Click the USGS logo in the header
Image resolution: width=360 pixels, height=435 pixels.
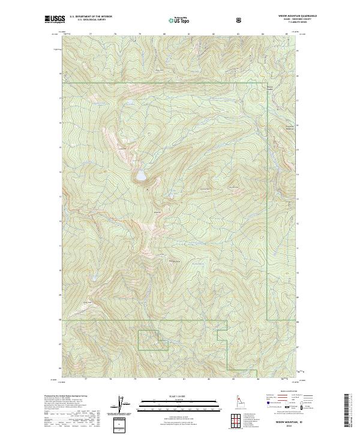coord(54,20)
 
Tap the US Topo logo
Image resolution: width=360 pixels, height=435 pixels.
coord(175,20)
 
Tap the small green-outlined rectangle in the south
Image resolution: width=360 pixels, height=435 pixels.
coord(149,340)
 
